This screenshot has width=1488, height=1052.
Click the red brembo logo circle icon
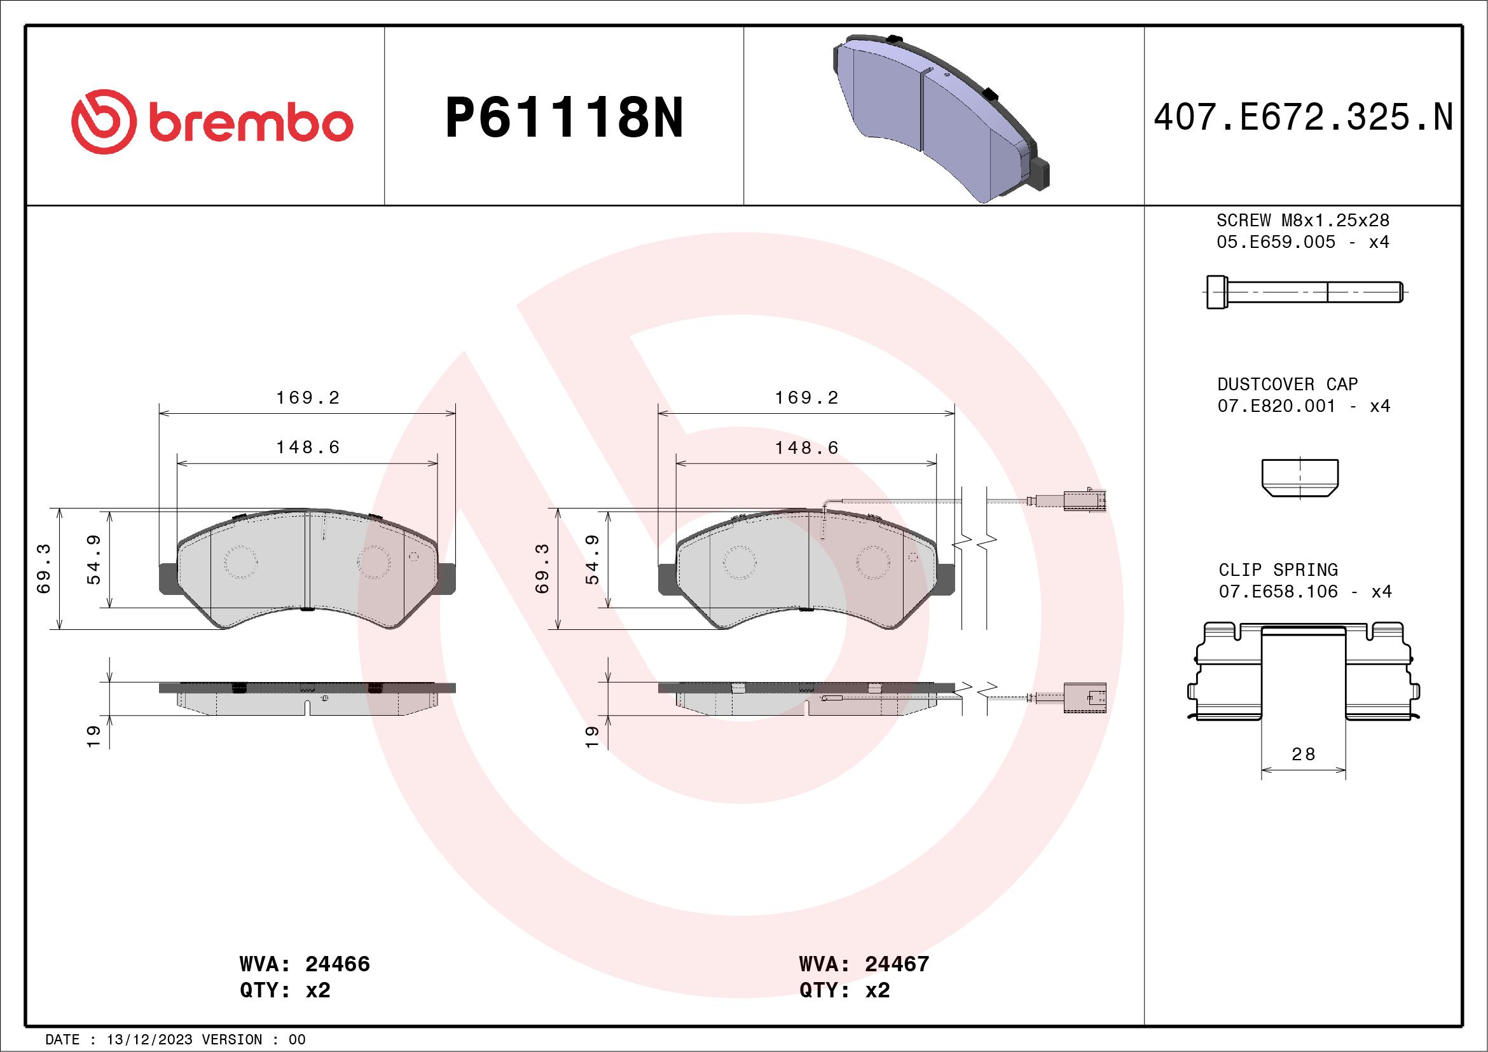[x=104, y=122]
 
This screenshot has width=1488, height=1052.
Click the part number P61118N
[x=564, y=118]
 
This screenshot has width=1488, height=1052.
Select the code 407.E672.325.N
[x=1303, y=118]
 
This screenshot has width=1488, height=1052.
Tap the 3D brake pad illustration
[x=940, y=116]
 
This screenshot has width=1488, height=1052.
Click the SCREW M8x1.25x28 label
[x=1303, y=220]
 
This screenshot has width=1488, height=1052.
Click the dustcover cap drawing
[x=1299, y=477]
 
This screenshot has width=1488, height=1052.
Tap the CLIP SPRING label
[x=1278, y=570]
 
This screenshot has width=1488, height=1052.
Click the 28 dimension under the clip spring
[x=1303, y=754]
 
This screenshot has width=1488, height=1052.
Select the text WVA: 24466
[x=305, y=964]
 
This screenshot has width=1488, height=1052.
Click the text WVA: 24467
[x=864, y=964]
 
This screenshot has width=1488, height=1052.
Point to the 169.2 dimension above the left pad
[x=308, y=398]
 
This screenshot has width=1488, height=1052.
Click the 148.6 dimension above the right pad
[x=807, y=447]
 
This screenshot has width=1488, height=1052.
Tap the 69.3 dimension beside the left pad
[x=44, y=569]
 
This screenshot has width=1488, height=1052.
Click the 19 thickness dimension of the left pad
[x=93, y=737]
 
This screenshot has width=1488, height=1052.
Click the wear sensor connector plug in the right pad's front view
[x=1084, y=501]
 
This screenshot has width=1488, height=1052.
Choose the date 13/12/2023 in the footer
[x=149, y=1040]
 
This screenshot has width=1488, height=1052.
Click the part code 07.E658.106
[x=1278, y=591]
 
